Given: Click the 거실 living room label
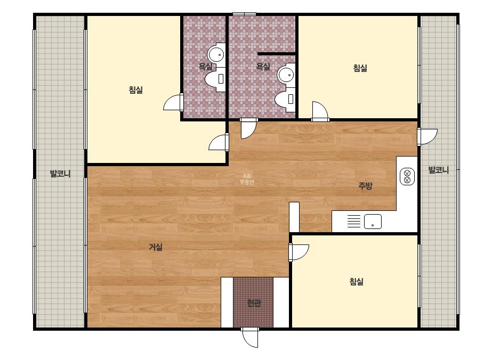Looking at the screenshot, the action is (156, 248).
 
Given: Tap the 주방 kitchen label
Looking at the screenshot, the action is (365, 186).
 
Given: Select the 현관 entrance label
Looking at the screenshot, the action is (254, 303).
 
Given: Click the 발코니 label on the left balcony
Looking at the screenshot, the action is (60, 174).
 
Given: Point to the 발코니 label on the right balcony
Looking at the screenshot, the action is (439, 170).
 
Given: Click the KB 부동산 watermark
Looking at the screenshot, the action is (247, 179).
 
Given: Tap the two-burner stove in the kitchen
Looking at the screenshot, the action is (407, 177).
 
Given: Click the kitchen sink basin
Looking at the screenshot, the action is (373, 222).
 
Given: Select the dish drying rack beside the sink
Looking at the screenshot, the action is (354, 221).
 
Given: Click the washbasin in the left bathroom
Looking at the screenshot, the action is (217, 54).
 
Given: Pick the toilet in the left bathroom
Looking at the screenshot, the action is (216, 79).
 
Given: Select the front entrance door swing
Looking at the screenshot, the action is (250, 338).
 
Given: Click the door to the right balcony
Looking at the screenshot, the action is (427, 137).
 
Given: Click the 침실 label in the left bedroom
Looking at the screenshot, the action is (136, 90).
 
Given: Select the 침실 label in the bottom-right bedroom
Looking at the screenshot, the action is (357, 282).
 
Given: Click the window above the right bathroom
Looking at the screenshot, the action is (245, 14).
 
